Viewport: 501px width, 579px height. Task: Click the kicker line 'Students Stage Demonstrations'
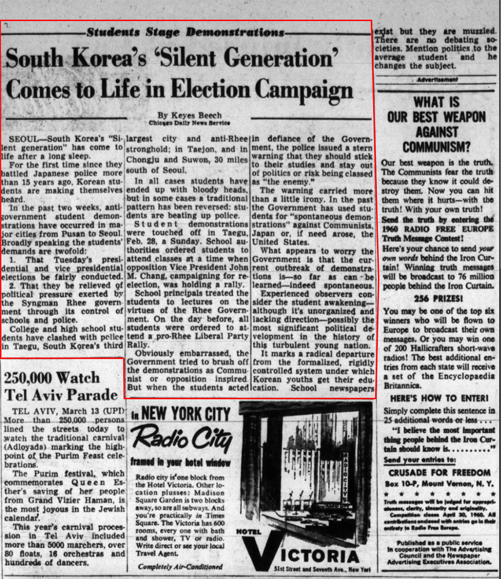[186, 32]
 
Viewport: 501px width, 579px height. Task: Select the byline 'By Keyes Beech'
[189, 115]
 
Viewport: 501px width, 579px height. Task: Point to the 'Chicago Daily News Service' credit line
[189, 123]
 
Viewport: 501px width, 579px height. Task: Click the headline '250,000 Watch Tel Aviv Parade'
[61, 386]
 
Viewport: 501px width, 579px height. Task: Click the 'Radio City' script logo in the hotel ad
[182, 438]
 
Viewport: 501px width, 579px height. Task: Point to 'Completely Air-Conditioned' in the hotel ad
[181, 566]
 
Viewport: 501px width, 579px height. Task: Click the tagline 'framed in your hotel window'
[181, 463]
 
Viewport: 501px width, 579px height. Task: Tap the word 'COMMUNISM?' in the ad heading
[437, 147]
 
